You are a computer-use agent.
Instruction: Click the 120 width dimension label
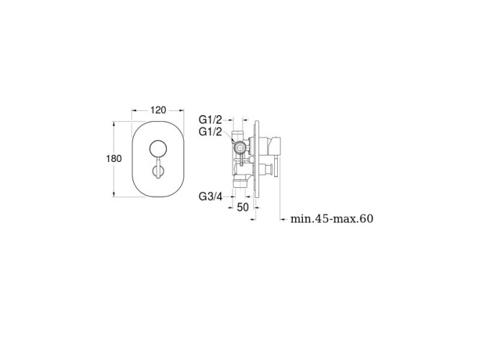click(158, 109)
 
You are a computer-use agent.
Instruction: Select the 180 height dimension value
click(114, 158)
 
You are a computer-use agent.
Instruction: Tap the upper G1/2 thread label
click(210, 120)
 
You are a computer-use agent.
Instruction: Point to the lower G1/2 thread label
click(210, 132)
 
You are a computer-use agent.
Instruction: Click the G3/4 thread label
click(210, 197)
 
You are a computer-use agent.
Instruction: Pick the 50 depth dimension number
click(243, 207)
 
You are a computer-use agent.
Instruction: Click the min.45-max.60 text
click(332, 219)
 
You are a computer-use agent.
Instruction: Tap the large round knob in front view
click(158, 149)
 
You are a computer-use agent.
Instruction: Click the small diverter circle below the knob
click(158, 170)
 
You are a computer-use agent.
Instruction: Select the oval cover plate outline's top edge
click(158, 122)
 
